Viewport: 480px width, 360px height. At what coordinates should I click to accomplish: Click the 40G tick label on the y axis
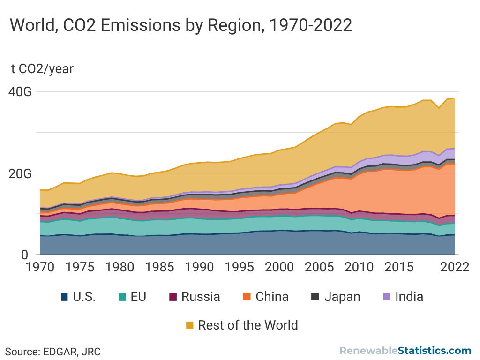[22, 92]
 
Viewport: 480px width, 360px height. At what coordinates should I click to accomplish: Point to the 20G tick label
[22, 173]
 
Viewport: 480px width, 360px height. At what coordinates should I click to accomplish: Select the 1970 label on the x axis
[39, 267]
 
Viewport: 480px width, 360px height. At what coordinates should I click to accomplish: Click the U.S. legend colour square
[65, 297]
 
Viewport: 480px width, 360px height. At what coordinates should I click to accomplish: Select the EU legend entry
[132, 297]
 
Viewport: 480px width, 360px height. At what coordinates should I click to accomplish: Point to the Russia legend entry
[195, 297]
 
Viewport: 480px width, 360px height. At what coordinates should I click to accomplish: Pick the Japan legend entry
[336, 297]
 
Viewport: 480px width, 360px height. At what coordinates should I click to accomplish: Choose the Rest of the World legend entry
[242, 325]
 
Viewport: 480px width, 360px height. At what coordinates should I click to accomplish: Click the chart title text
[181, 24]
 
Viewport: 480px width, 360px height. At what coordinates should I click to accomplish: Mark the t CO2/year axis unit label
[42, 69]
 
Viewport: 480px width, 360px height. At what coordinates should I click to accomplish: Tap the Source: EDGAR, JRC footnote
[53, 351]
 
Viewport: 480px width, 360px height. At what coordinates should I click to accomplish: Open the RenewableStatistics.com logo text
[405, 351]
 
